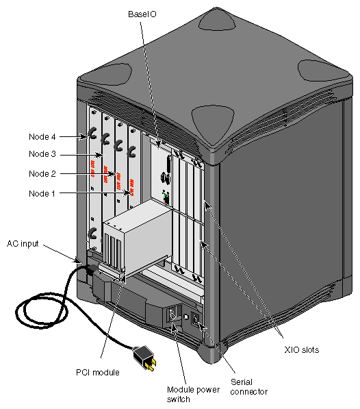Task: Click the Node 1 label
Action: pos(42,194)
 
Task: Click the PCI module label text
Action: pos(98,373)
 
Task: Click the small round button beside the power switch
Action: pos(185,318)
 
